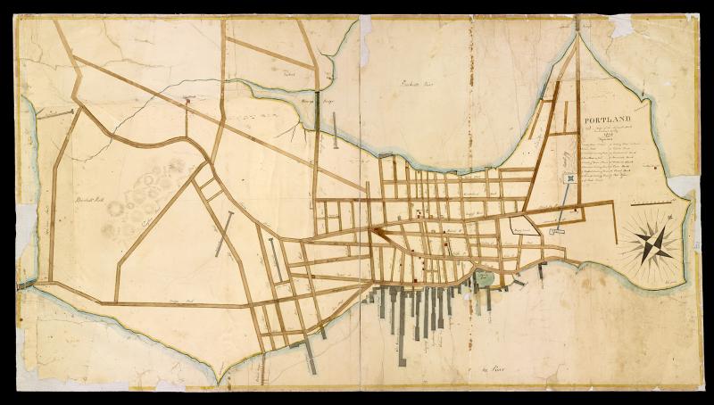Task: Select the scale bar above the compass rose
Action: tap(652, 204)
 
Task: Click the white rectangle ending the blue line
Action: tap(555, 231)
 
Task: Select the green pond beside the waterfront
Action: tap(482, 278)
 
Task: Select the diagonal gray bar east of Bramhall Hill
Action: tap(224, 235)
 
